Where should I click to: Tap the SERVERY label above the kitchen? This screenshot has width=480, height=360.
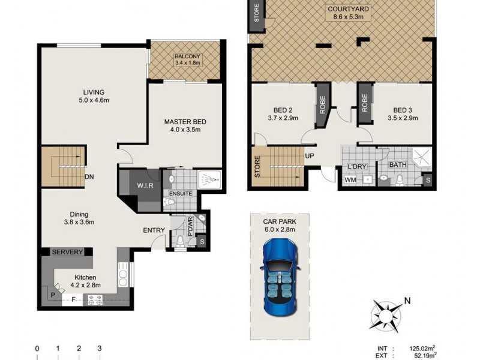[x=67, y=253]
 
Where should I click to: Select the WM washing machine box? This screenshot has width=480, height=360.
[x=349, y=179]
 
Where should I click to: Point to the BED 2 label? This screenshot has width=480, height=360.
[x=283, y=110]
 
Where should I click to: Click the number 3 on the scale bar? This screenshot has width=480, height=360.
[x=100, y=349]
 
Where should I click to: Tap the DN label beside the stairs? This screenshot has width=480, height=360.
[x=89, y=177]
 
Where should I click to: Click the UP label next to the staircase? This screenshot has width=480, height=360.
[x=310, y=155]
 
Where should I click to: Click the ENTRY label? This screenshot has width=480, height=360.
[x=154, y=230]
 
